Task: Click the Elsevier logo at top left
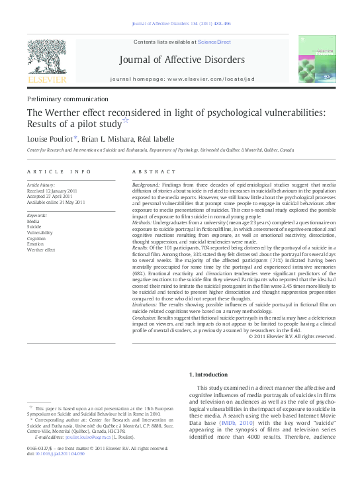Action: pos(46,64)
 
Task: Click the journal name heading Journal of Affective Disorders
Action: pos(181,60)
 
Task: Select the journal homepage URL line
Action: pos(181,78)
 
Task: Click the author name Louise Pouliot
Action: pos(52,139)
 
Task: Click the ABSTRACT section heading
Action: pos(154,171)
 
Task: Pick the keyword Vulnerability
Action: pos(40,233)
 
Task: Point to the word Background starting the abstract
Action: pos(146,183)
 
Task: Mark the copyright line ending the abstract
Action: pos(291,336)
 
